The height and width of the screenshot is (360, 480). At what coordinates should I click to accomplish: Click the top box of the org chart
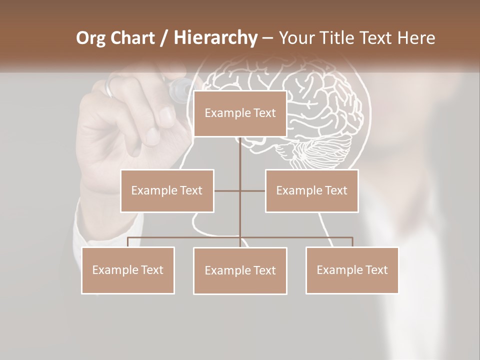coord(240,113)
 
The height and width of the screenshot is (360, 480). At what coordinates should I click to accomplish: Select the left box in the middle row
coord(167,190)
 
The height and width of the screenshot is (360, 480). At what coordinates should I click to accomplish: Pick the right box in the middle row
coord(311,190)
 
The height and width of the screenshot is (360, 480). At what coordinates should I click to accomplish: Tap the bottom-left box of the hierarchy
coord(128,270)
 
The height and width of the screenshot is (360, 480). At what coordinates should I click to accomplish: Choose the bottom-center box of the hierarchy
coord(240,270)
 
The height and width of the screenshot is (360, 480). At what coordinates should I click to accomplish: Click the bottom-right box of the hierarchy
coord(352,270)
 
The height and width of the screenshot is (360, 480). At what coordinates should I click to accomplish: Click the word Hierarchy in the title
coord(215,38)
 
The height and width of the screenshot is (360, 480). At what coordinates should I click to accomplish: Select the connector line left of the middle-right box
coord(253,190)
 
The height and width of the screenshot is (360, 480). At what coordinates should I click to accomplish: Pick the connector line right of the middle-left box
coord(227,190)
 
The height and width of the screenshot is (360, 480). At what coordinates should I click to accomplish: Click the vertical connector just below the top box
coord(240,150)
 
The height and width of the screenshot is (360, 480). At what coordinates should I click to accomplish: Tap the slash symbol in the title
coord(164,38)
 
